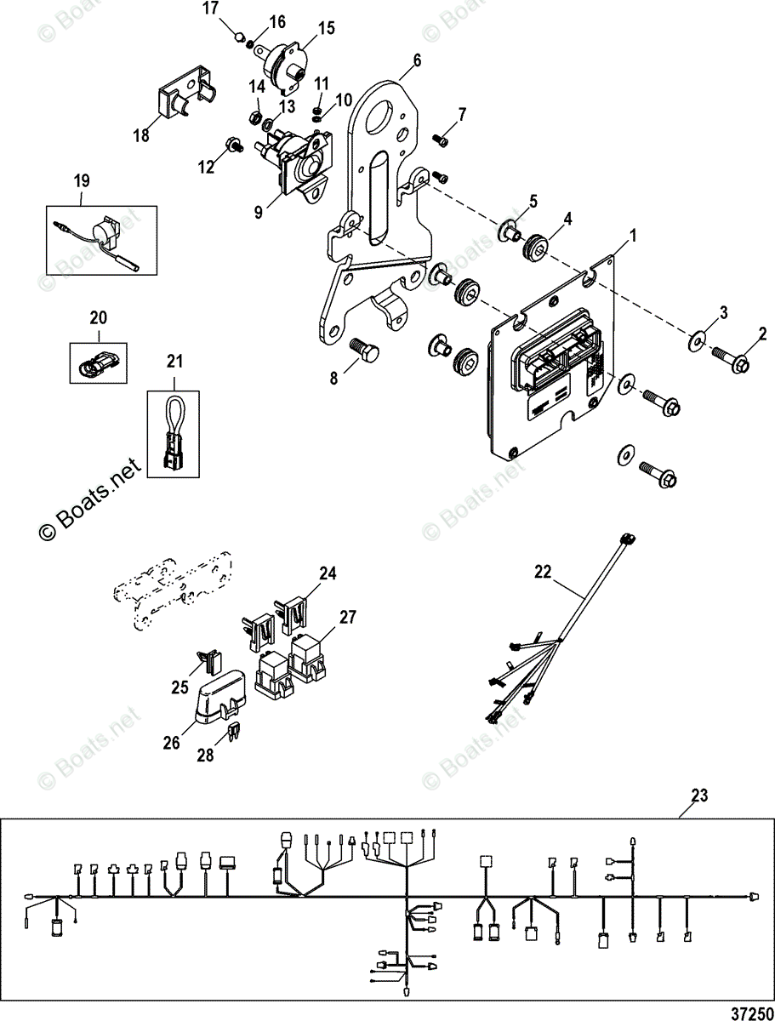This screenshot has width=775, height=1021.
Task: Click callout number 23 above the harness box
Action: click(699, 796)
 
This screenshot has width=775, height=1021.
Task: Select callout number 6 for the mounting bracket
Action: click(416, 60)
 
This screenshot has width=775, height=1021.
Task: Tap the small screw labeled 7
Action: click(441, 135)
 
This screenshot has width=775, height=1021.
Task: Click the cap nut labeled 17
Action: click(241, 36)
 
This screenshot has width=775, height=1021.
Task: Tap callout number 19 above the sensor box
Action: click(82, 180)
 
